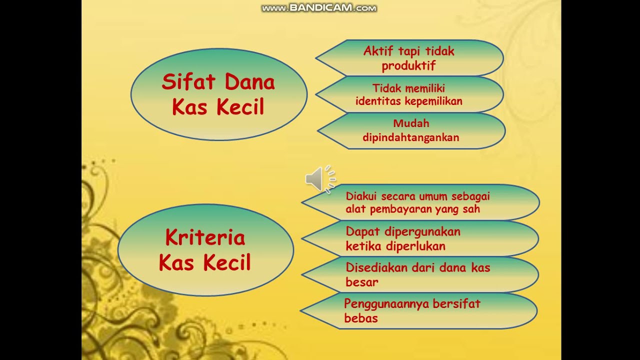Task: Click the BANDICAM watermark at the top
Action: [319, 8]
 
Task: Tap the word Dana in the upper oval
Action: [250, 82]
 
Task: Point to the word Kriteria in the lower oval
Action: [205, 237]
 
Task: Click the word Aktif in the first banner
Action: [378, 51]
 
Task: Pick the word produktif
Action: [408, 65]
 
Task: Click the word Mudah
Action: [411, 123]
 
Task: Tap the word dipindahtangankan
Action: [411, 137]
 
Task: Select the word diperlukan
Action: [415, 246]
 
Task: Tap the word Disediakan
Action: [376, 267]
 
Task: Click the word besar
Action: [361, 282]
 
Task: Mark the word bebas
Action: [360, 318]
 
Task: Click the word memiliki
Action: [425, 88]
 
